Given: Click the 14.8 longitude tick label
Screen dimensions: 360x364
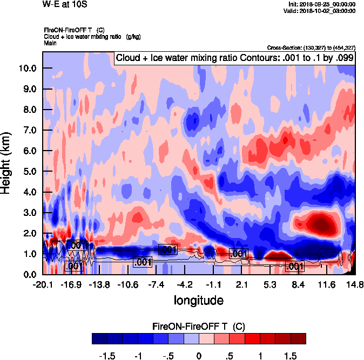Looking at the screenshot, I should click(x=354, y=284).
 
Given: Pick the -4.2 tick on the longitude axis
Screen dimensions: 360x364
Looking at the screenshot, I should click(x=185, y=284).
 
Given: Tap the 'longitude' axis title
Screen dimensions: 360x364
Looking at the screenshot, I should click(x=199, y=299).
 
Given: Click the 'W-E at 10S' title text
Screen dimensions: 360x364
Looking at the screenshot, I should click(x=64, y=4).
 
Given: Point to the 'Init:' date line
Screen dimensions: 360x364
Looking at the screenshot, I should click(x=322, y=4).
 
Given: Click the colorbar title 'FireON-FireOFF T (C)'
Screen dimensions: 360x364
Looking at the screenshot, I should click(x=199, y=327).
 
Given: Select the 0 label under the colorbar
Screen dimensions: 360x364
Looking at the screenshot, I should click(x=199, y=356).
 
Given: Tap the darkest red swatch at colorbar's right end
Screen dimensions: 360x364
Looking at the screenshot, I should click(x=298, y=338).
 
